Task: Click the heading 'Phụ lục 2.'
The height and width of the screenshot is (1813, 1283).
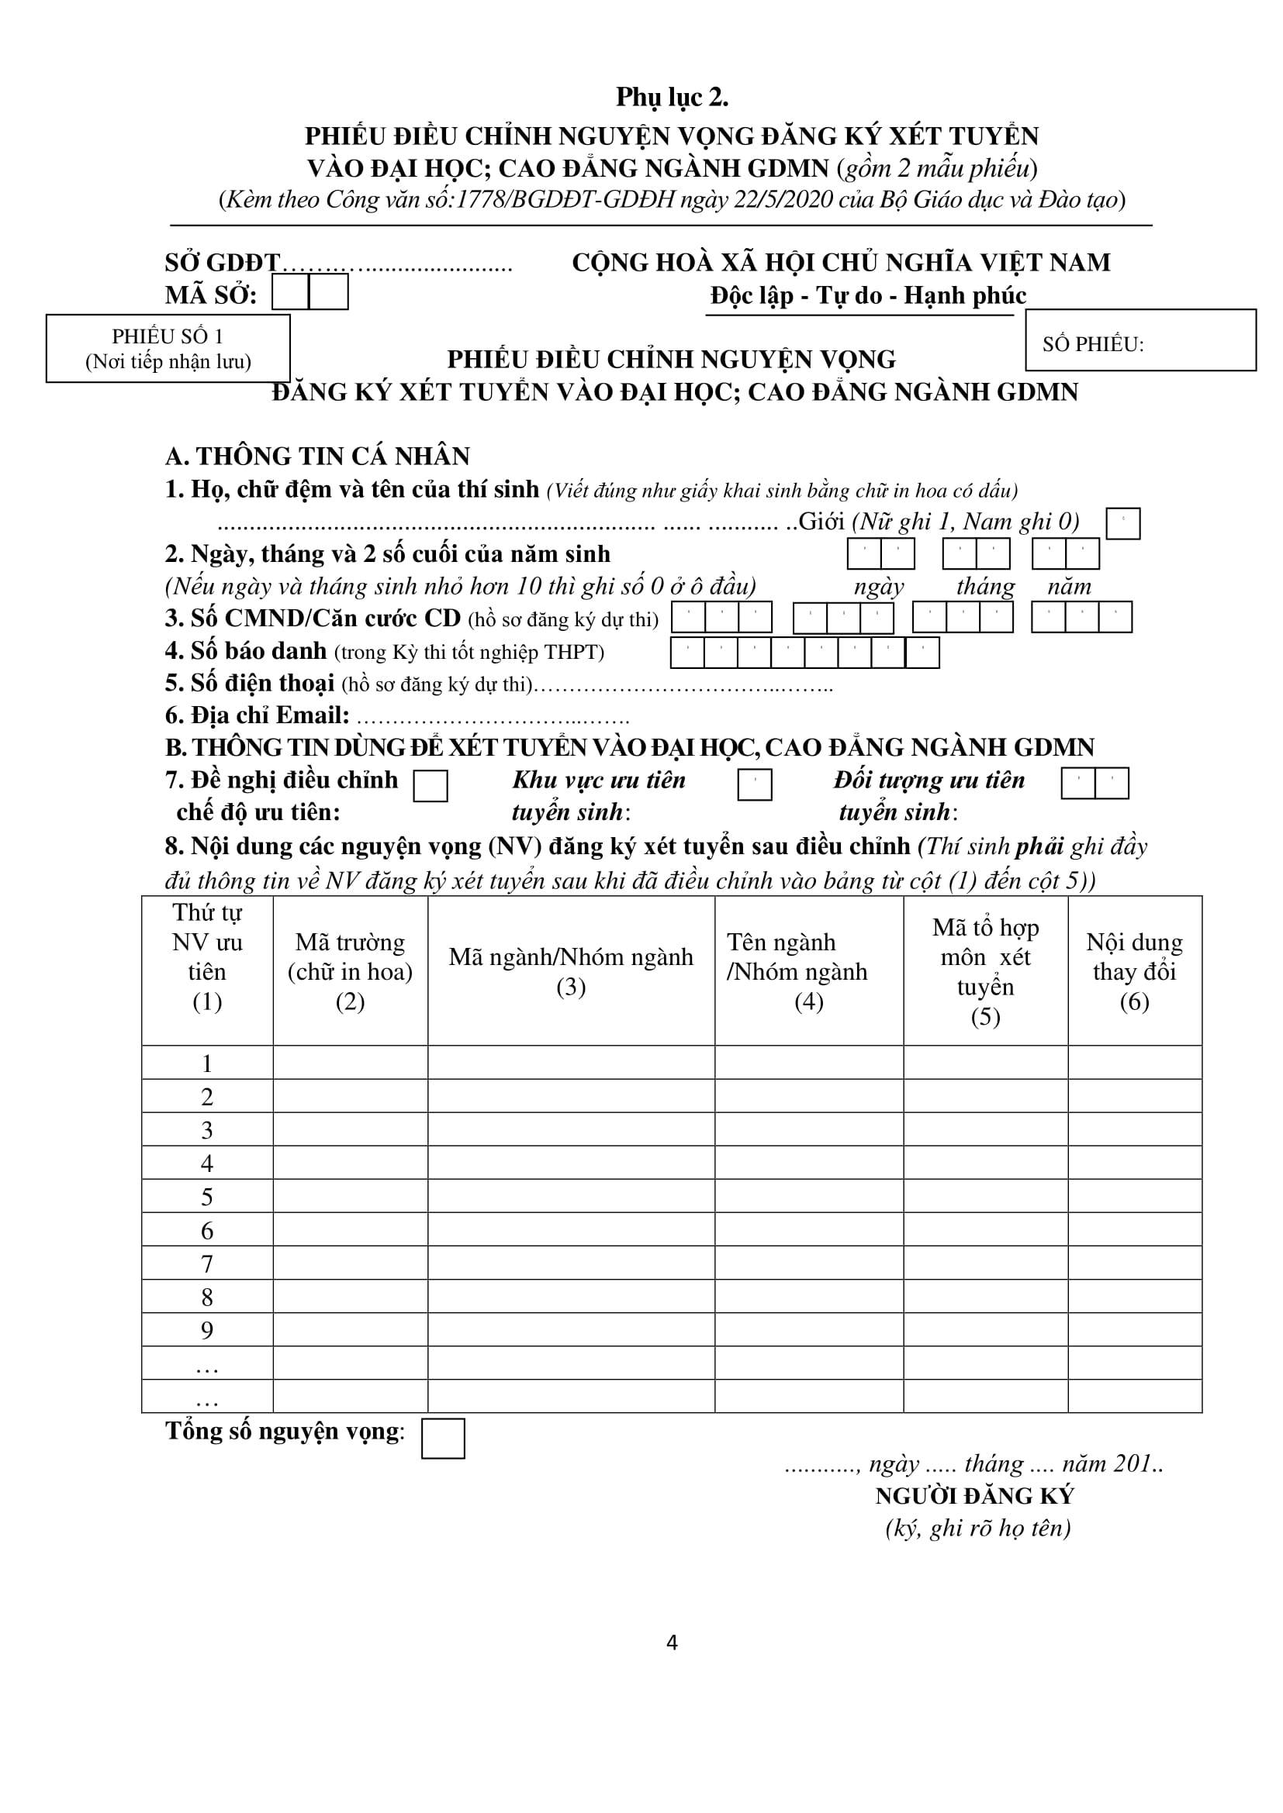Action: pyautogui.click(x=672, y=97)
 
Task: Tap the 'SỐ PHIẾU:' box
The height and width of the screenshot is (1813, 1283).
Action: pyautogui.click(x=1140, y=340)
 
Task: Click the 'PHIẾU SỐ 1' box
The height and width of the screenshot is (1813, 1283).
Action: pyautogui.click(x=168, y=348)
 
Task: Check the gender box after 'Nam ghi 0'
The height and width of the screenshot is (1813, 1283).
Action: pyautogui.click(x=1122, y=523)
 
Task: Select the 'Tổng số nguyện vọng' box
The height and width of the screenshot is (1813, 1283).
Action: pyautogui.click(x=442, y=1438)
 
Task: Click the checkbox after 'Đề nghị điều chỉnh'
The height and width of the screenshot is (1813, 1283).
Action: pyautogui.click(x=431, y=786)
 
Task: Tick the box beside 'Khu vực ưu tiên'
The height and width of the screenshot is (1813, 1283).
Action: pyautogui.click(x=755, y=785)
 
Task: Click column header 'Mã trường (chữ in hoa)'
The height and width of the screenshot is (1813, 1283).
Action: pyautogui.click(x=350, y=971)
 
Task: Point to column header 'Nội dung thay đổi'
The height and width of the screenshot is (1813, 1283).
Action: pyautogui.click(x=1135, y=971)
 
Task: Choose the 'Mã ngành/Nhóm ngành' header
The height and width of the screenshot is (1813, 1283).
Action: pyautogui.click(x=570, y=971)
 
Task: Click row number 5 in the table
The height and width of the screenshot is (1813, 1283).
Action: pyautogui.click(x=207, y=1197)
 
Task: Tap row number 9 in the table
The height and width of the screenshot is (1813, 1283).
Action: pyautogui.click(x=207, y=1331)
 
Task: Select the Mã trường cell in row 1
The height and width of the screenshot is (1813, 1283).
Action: pyautogui.click(x=350, y=1063)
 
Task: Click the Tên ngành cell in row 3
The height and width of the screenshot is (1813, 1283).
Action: pyautogui.click(x=808, y=1129)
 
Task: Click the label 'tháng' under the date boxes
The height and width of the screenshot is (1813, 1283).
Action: pyautogui.click(x=984, y=587)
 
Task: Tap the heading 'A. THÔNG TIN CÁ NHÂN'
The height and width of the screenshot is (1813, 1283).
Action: pyautogui.click(x=316, y=457)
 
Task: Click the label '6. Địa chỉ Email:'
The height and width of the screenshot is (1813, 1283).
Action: pyautogui.click(x=257, y=715)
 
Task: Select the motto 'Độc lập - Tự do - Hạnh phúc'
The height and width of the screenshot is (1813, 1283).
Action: pyautogui.click(x=867, y=295)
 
